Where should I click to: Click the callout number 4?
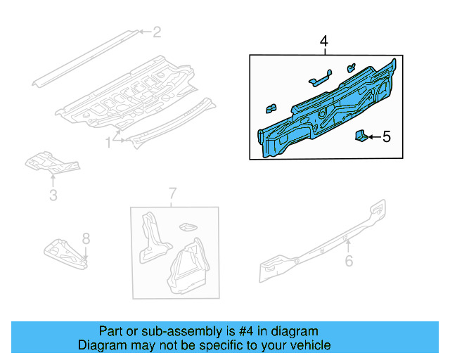(x=324, y=42)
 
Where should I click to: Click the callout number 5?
(x=386, y=137)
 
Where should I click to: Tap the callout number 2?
(x=157, y=32)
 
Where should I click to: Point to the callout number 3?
(x=53, y=195)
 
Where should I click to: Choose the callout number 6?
(x=348, y=261)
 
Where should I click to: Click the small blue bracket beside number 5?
(x=359, y=136)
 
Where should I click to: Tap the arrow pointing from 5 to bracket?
(x=373, y=137)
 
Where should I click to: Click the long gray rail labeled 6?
(x=323, y=239)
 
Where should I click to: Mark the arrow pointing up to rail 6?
(x=347, y=245)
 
